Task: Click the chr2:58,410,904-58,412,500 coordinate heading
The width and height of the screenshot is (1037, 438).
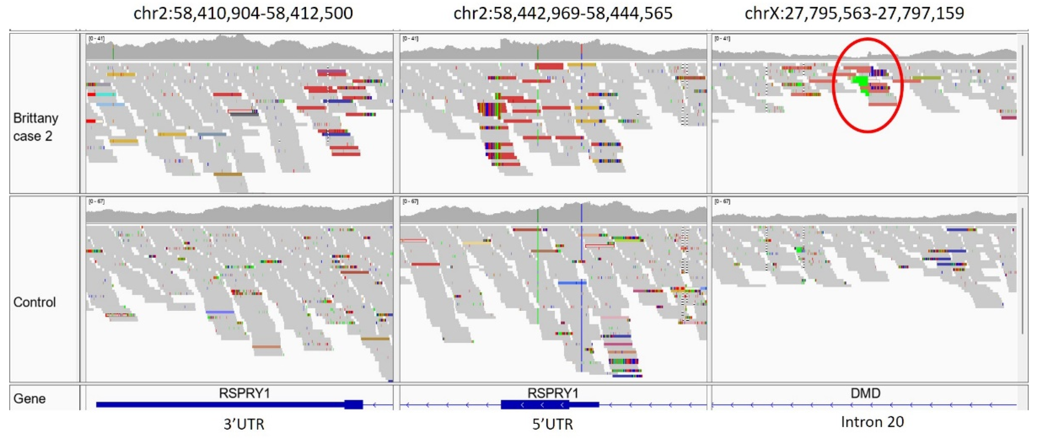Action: click(243, 13)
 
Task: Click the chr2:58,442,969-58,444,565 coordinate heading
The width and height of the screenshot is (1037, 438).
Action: click(563, 13)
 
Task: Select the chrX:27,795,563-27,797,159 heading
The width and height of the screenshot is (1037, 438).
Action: click(854, 13)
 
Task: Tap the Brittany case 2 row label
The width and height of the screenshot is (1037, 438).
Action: click(35, 127)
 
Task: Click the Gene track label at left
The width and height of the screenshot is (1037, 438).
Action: click(29, 399)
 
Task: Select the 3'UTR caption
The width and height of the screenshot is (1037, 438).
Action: click(244, 424)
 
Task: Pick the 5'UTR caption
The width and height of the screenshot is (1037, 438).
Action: click(552, 424)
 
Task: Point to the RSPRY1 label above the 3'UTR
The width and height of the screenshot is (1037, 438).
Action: click(244, 393)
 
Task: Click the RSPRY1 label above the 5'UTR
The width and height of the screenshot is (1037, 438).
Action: click(553, 393)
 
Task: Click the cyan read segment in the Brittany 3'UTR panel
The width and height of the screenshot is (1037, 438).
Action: click(105, 94)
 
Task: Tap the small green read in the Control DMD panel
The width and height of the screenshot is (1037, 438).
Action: click(800, 250)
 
